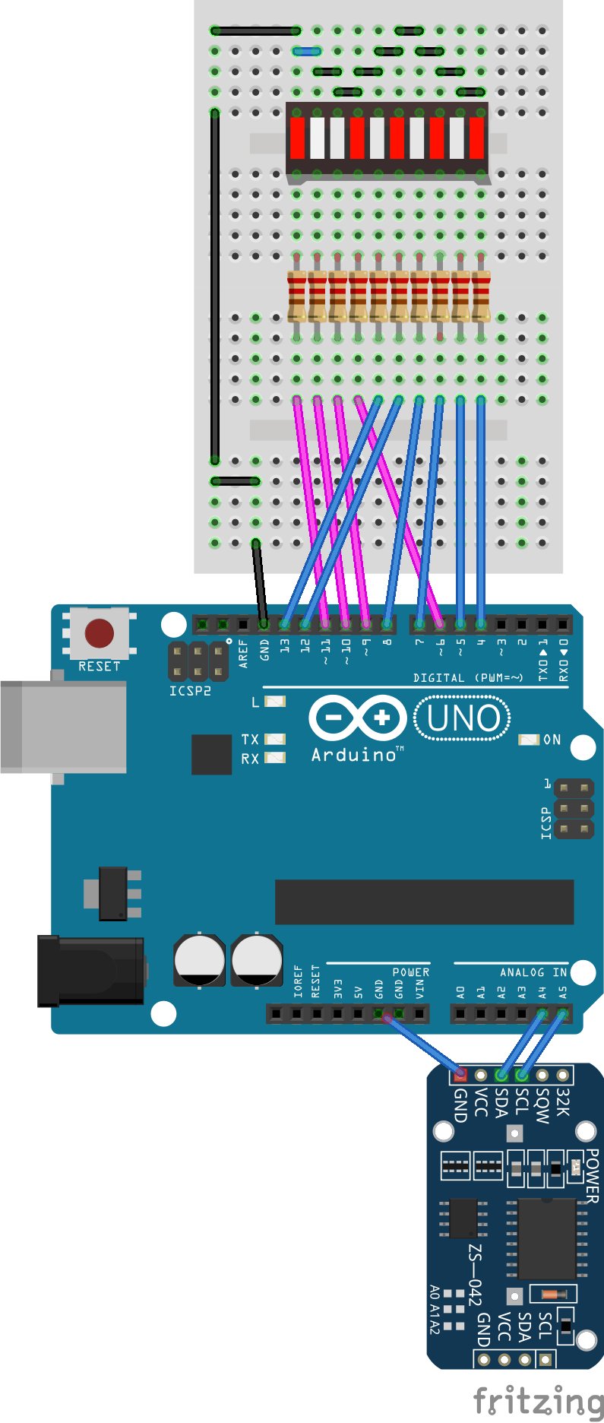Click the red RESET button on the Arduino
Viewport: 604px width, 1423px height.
[100, 632]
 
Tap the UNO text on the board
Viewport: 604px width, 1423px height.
[463, 718]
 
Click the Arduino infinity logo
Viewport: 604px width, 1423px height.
[357, 718]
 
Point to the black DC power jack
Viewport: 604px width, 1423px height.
[91, 971]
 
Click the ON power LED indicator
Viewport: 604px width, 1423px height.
[529, 740]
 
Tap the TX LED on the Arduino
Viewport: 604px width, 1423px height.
[274, 739]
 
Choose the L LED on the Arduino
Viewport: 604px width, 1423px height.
[274, 702]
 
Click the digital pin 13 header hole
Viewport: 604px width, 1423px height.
[284, 624]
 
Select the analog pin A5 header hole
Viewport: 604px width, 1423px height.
[562, 1013]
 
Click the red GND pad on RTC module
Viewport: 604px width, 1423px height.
[460, 1075]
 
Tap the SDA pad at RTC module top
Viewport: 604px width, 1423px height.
[501, 1075]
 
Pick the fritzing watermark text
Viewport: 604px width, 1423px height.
[538, 1401]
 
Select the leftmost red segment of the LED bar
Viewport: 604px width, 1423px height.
[297, 138]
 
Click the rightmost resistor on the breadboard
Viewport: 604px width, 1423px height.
[481, 296]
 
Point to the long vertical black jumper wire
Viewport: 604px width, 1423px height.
[215, 285]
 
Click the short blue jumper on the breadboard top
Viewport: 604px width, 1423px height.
[306, 52]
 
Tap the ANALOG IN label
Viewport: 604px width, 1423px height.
[533, 972]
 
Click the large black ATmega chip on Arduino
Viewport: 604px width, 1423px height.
[424, 902]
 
